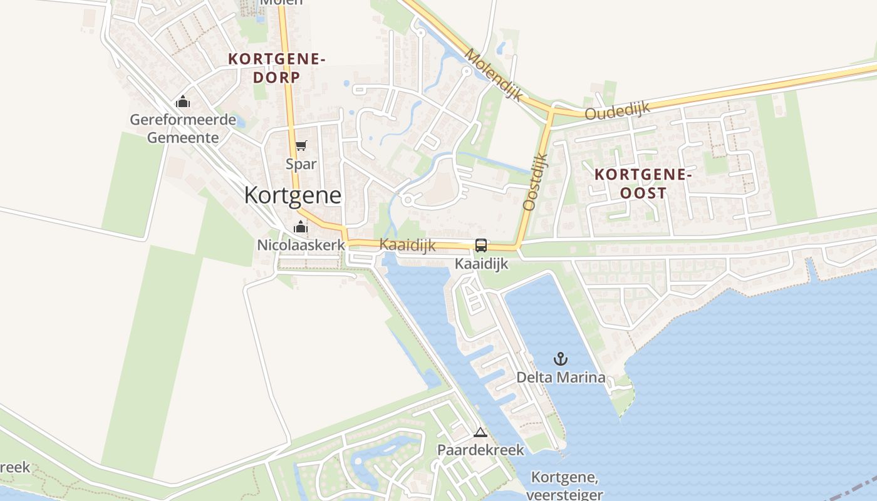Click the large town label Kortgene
point(293,195)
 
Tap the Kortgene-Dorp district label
point(277,68)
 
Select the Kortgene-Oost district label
point(643,183)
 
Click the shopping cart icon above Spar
point(301,146)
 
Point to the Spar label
point(301,164)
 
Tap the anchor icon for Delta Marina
point(561,359)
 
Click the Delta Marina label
point(561,377)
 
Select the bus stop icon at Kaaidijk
point(481,245)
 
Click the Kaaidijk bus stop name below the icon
point(481,264)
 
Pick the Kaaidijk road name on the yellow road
point(407,245)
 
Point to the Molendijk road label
point(493,74)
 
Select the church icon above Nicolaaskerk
point(301,227)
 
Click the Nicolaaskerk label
point(301,245)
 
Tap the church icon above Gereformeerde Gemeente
point(183,101)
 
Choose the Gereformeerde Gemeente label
point(183,128)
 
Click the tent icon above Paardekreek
point(480,432)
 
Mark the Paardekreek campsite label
point(480,450)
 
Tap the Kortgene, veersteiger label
point(565,486)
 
